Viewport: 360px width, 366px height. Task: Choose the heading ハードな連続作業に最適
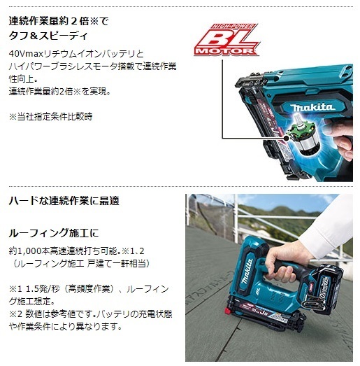coord(64,200)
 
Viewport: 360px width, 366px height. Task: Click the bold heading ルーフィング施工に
coord(55,232)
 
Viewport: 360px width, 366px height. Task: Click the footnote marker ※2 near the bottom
coord(14,314)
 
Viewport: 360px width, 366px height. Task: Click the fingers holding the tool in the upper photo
coord(343,150)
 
